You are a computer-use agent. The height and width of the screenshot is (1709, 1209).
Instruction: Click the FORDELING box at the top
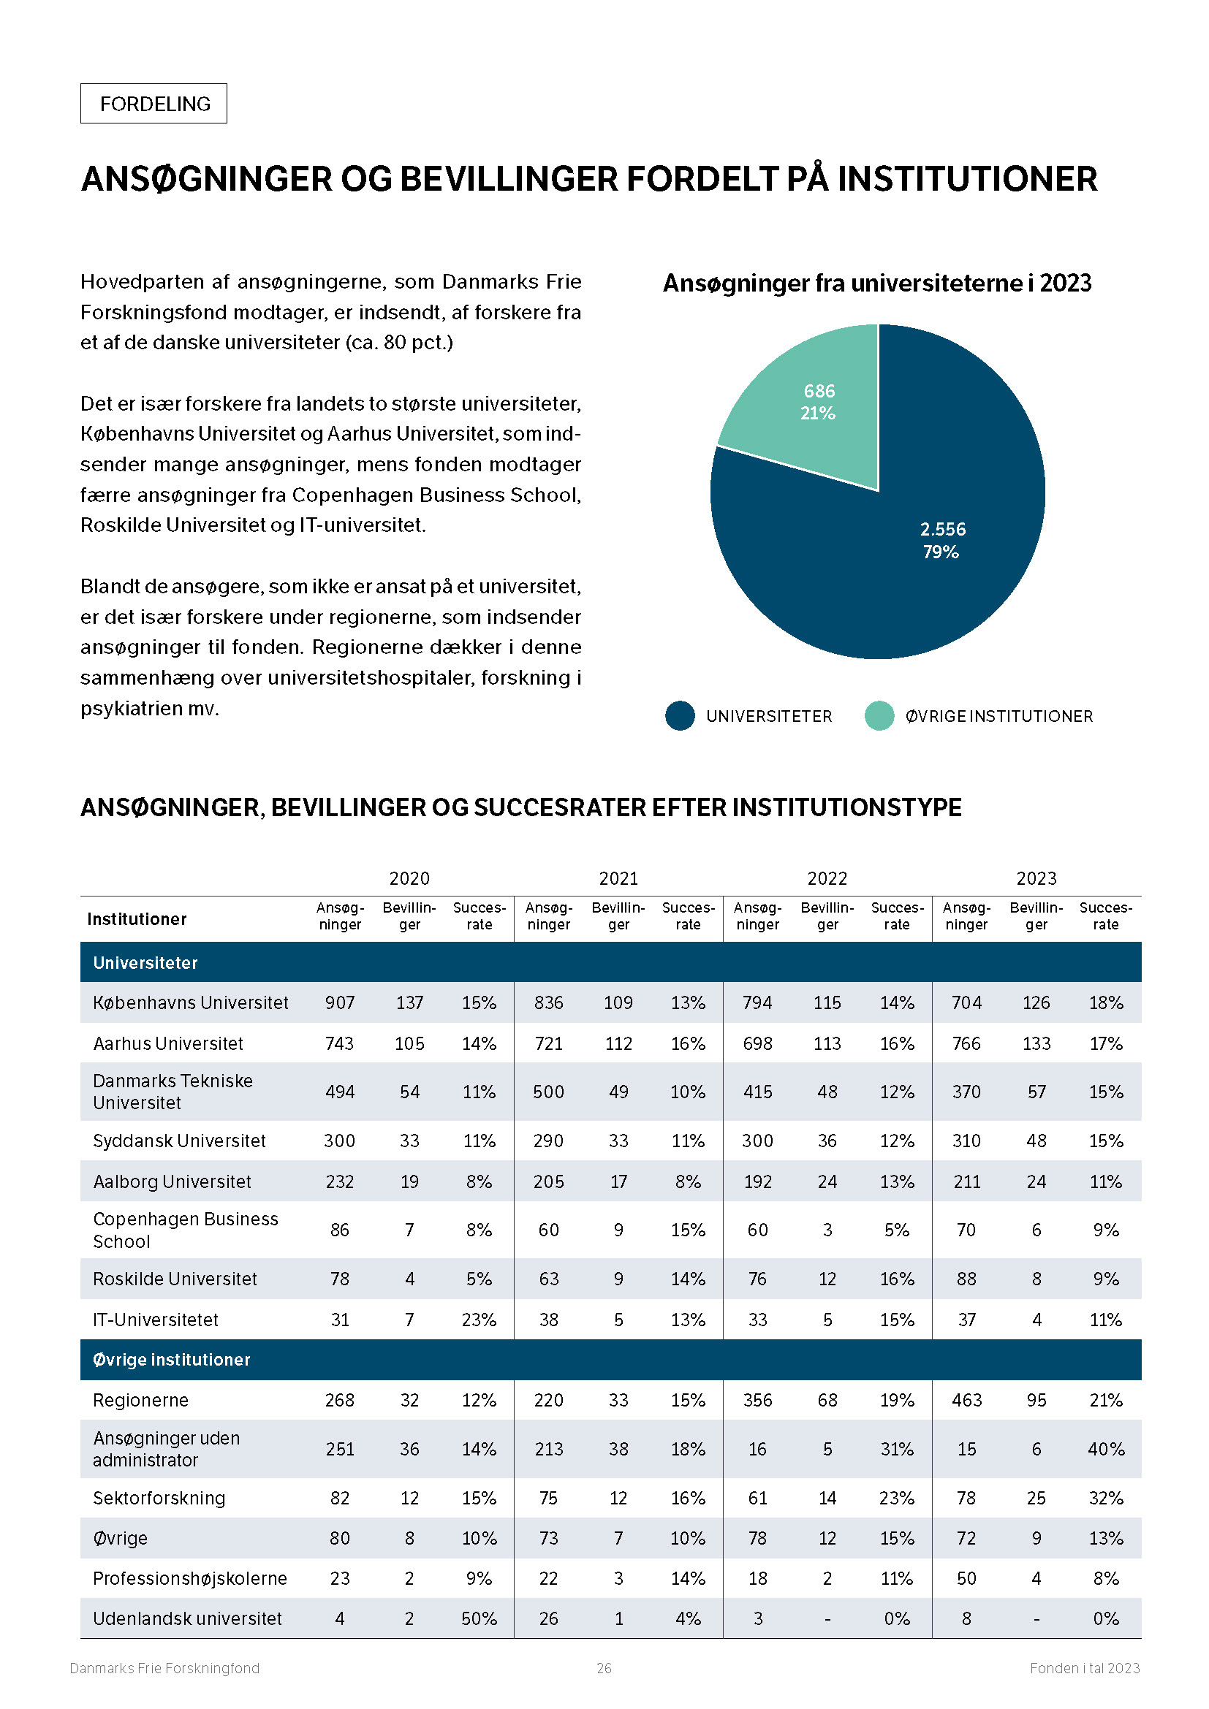(154, 104)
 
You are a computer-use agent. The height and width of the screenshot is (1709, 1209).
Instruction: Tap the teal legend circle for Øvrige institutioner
(879, 716)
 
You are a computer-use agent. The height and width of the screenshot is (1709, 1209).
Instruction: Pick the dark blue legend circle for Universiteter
(680, 716)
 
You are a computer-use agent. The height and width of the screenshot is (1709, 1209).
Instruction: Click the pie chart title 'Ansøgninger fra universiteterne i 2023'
(877, 283)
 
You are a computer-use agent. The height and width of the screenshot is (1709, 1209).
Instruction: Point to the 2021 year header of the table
(618, 878)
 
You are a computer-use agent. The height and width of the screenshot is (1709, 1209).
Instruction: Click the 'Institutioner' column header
(137, 919)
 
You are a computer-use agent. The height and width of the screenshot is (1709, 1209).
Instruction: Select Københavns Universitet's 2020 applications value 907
(339, 1002)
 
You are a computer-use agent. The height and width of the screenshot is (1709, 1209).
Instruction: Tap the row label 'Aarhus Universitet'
(168, 1043)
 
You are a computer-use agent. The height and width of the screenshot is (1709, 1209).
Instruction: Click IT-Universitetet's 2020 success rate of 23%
(479, 1320)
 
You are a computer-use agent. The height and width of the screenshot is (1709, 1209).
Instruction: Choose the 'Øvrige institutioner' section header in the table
(171, 1360)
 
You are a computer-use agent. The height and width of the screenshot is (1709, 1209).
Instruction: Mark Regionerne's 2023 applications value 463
(966, 1400)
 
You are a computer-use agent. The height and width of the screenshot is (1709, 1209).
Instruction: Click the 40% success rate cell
(1105, 1449)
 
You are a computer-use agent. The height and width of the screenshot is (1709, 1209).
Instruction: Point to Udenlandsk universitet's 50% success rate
(479, 1618)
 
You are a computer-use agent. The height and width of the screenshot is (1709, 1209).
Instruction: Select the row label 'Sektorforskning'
(159, 1499)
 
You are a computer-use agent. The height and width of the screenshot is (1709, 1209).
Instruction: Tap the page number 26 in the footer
(604, 1668)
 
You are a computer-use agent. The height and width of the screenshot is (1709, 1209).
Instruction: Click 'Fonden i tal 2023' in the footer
(1085, 1668)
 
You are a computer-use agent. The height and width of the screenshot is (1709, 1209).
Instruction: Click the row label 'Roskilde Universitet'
(175, 1279)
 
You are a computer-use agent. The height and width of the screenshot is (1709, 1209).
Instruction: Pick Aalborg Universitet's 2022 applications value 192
(757, 1181)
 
